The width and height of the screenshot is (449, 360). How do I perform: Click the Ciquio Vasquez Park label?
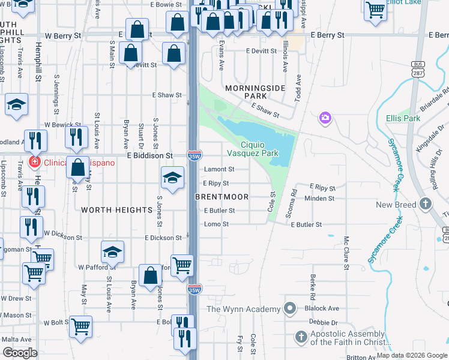pos(260,149)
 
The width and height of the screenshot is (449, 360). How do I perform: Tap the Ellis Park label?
pos(403,118)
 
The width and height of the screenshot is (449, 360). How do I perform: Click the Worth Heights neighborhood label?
pos(116,209)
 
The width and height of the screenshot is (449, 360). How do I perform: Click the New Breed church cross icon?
pos(426,204)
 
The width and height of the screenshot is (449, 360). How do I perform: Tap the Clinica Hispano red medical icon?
pos(34,163)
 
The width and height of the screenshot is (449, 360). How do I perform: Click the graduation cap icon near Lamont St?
pos(172,177)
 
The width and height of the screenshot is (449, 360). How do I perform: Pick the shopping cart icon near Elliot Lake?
pos(375,9)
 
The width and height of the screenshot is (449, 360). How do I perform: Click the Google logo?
pos(20,352)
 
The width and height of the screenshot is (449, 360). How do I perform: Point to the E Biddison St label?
pos(149,155)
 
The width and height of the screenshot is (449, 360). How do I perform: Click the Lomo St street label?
pos(216,224)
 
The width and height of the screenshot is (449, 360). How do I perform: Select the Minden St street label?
pos(319,198)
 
